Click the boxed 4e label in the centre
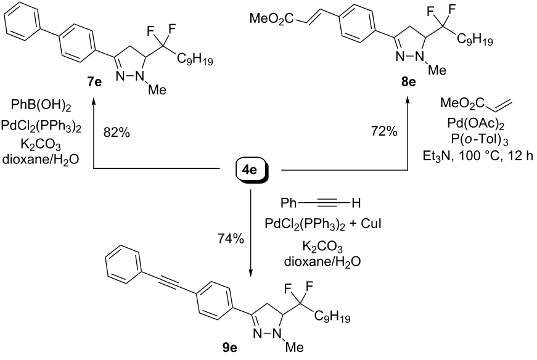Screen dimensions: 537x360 coord(251,170)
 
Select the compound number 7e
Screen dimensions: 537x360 coord(94,83)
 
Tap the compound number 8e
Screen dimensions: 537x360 coord(408,82)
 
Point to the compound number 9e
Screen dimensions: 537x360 coord(229,348)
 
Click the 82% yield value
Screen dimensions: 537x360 coord(117,133)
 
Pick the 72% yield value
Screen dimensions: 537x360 coord(384,131)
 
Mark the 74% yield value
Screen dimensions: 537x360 coord(231,239)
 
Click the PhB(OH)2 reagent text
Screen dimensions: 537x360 coord(41,106)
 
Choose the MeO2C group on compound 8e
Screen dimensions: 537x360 coord(271,18)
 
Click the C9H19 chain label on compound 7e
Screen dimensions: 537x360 coord(195,60)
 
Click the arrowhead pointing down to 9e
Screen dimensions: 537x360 coord(251,272)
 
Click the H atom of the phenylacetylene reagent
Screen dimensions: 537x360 coord(356,203)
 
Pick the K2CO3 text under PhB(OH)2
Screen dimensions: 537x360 coord(41,145)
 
